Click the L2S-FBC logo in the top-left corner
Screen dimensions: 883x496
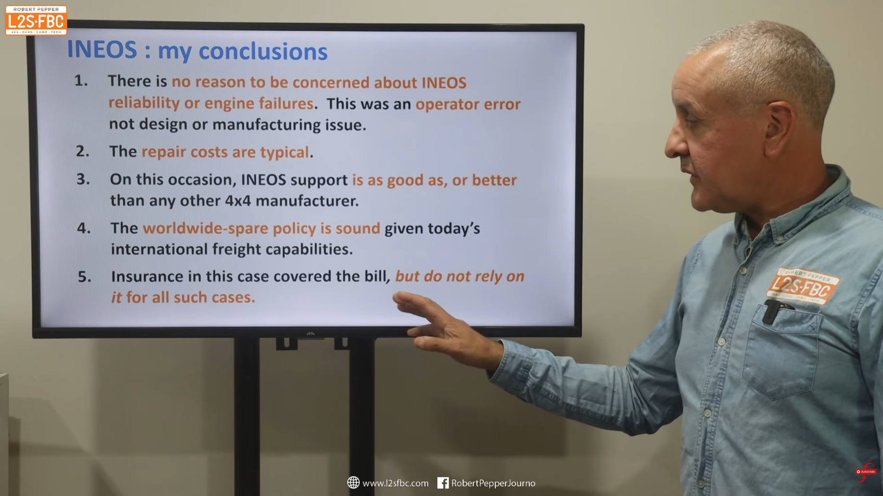coord(36,21)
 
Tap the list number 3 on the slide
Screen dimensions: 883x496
coord(83,179)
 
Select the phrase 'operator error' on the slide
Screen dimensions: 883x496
coord(468,104)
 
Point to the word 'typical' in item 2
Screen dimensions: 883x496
coord(285,152)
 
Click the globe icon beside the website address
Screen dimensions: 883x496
coord(353,483)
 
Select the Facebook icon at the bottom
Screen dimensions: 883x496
coord(442,483)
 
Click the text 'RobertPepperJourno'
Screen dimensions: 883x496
coord(493,483)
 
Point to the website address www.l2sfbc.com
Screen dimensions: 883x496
coord(395,483)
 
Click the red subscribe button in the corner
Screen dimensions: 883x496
coord(866,472)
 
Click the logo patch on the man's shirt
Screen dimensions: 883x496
coord(803,286)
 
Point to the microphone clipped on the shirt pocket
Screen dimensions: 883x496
coord(772,312)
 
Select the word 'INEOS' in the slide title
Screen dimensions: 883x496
coord(102,50)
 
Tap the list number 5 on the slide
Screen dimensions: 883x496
coord(84,276)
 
